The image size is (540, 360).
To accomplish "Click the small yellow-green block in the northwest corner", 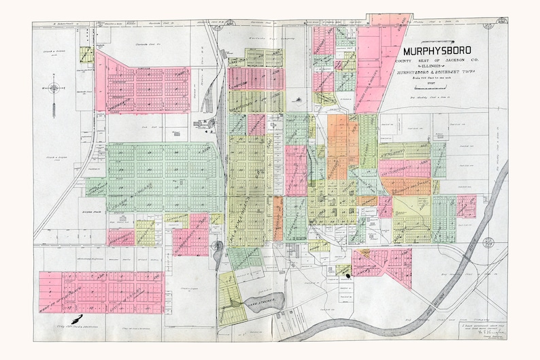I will point(86,55).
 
